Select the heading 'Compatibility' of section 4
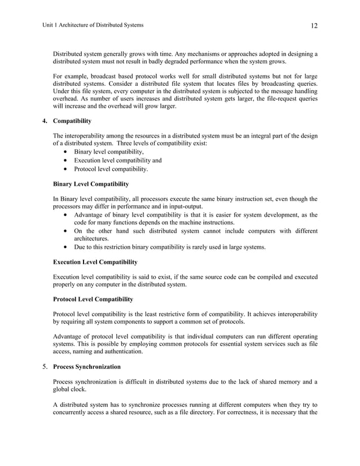point(72,121)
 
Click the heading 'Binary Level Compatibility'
point(91,184)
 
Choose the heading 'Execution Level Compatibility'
point(95,262)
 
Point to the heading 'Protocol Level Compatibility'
point(93,298)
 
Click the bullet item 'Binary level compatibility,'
point(105,152)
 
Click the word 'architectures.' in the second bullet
point(93,239)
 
